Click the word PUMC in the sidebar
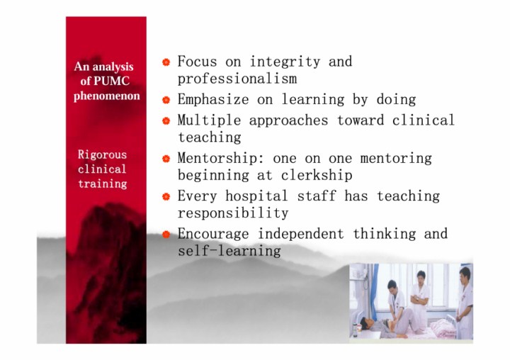(111, 81)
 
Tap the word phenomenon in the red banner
(107, 96)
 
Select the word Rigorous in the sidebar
(102, 154)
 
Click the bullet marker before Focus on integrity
(166, 62)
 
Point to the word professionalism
(237, 79)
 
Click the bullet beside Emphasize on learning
(166, 100)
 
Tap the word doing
(396, 100)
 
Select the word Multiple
(209, 120)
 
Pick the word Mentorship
(217, 159)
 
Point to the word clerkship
(317, 176)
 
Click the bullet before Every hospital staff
(166, 196)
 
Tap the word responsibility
(233, 213)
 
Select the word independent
(301, 234)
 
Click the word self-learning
(229, 251)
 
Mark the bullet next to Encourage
(166, 234)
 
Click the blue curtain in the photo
(374, 290)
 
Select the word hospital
(256, 196)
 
